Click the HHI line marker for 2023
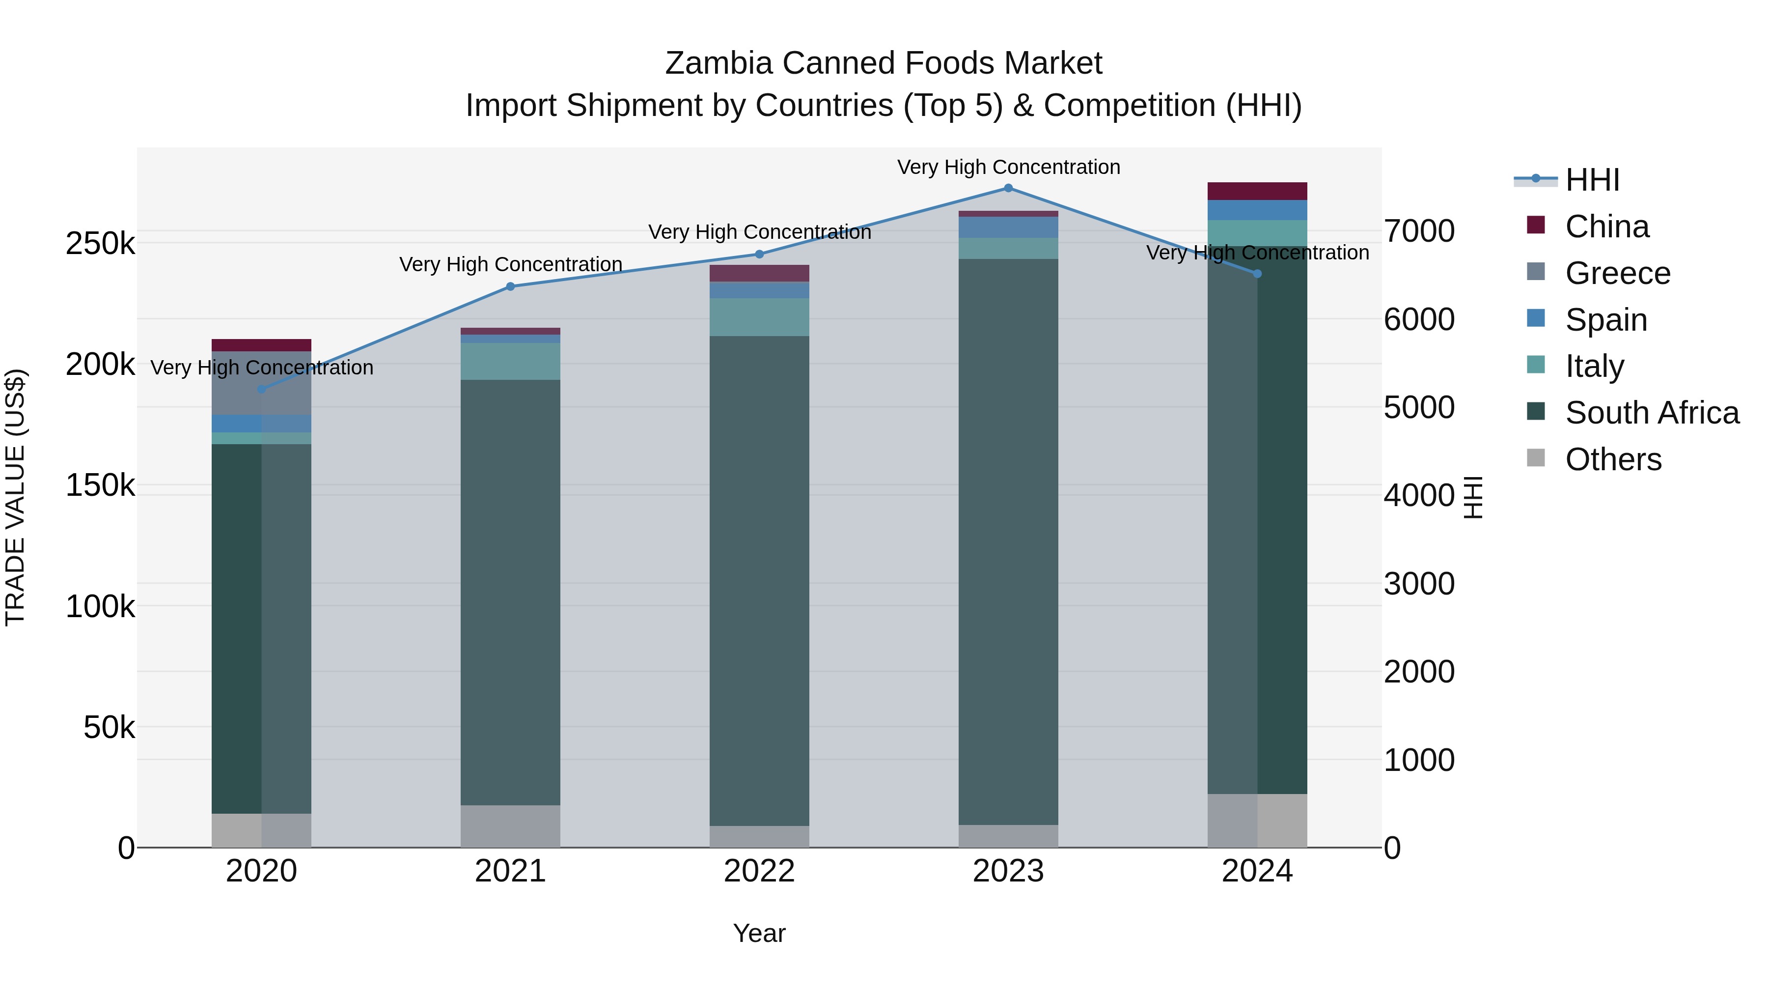click(x=1008, y=188)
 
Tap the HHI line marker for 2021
click(x=510, y=286)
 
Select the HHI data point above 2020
click(x=261, y=389)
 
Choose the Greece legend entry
click(x=1618, y=273)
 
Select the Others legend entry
click(x=1613, y=459)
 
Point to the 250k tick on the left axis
click(x=100, y=244)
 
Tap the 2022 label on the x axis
click(x=759, y=871)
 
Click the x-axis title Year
click(x=759, y=933)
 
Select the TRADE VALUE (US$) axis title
click(x=15, y=497)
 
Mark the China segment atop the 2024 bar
click(x=1257, y=191)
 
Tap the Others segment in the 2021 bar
click(x=510, y=826)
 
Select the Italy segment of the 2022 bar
click(x=759, y=317)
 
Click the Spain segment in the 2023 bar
click(x=1008, y=227)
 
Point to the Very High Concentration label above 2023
click(x=1008, y=167)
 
